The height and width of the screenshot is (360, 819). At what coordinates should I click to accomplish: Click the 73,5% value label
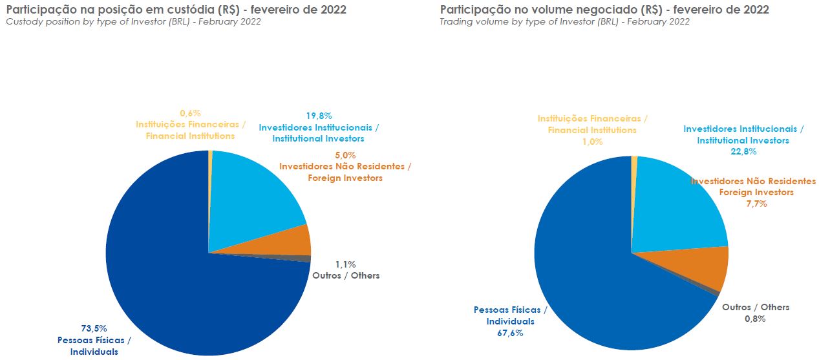[x=94, y=328]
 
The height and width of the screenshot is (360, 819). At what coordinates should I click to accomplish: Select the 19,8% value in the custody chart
[x=319, y=116]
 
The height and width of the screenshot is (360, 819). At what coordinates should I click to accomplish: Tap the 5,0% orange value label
[x=345, y=155]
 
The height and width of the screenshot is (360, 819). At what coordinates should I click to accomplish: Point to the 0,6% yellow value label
[x=186, y=113]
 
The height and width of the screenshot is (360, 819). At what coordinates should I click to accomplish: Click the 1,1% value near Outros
[x=345, y=264]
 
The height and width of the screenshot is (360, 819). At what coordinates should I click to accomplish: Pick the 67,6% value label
[x=510, y=333]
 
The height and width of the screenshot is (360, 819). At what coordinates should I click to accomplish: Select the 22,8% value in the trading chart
[x=743, y=152]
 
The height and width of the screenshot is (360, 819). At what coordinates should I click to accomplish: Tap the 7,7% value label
[x=756, y=204]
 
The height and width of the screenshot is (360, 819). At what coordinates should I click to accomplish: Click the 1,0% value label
[x=592, y=142]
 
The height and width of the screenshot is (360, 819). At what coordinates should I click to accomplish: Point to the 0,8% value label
[x=755, y=319]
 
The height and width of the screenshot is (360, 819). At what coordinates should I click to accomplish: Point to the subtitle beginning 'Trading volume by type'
[x=564, y=22]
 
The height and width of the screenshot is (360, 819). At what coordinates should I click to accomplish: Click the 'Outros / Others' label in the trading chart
[x=755, y=307]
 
